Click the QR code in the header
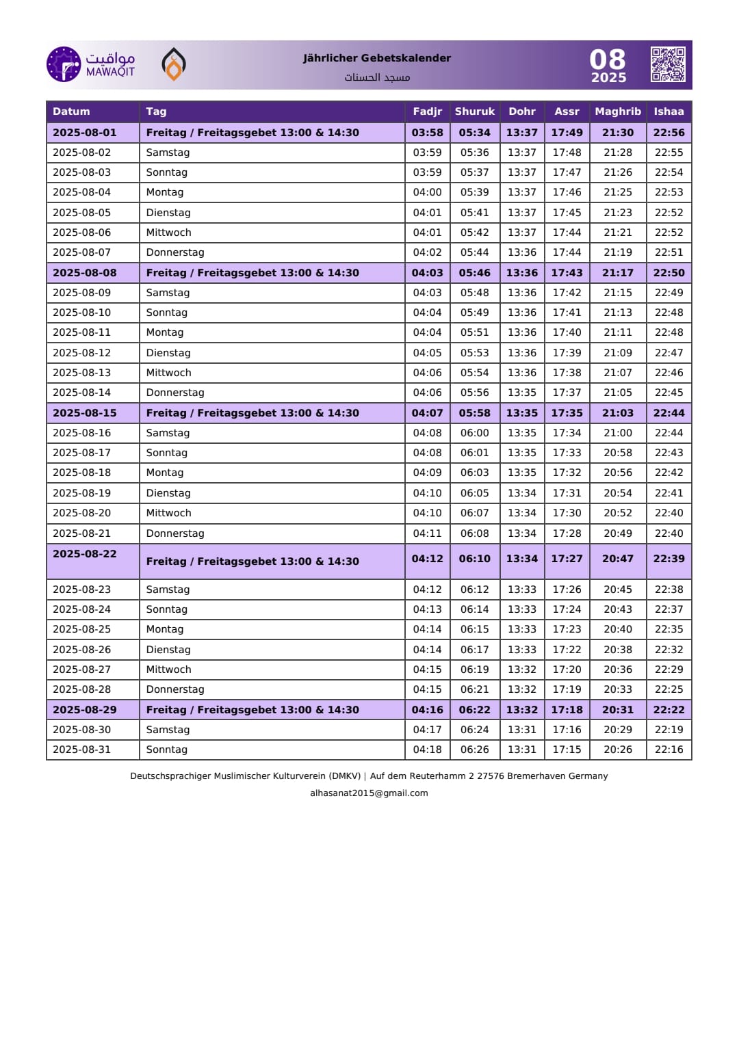[x=668, y=64]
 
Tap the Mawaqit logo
[x=90, y=64]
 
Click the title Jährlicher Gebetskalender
[x=377, y=58]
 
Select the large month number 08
[x=608, y=59]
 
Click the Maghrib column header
[x=617, y=111]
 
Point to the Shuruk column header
[x=474, y=111]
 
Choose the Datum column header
[x=71, y=111]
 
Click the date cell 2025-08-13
[x=82, y=373]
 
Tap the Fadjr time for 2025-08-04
[x=427, y=192]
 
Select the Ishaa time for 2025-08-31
[x=669, y=750]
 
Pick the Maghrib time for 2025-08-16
[x=617, y=433]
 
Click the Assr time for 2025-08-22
[x=567, y=559]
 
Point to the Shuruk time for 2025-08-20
[x=474, y=513]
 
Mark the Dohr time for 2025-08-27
[x=521, y=670]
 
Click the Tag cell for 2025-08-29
[x=252, y=710]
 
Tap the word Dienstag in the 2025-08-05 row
[x=168, y=213]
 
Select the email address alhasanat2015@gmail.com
[x=369, y=793]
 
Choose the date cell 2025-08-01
[x=85, y=133]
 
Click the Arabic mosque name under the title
[x=377, y=77]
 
